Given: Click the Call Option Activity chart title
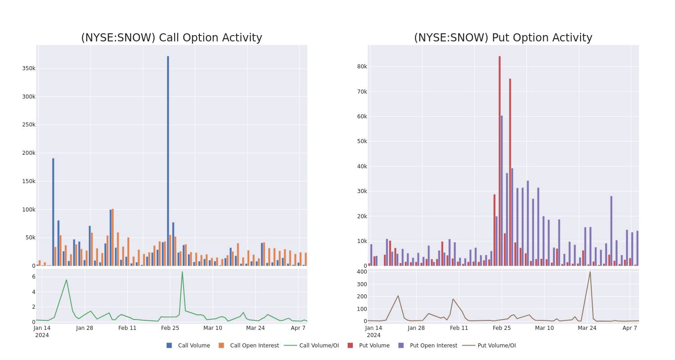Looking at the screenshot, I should [171, 38].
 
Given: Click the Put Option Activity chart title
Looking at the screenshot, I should [503, 38].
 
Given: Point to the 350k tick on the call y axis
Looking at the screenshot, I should [29, 68].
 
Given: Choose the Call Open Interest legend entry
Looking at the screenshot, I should [254, 346].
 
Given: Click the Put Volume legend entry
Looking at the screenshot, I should [374, 346].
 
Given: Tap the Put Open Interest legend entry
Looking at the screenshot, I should [433, 346].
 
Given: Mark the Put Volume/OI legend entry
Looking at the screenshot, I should [496, 346].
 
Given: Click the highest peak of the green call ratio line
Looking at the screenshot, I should [182, 272].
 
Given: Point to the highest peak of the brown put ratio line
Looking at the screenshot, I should [590, 272].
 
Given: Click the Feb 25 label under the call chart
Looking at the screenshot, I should [170, 328].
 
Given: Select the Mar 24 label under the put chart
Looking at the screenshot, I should [587, 328].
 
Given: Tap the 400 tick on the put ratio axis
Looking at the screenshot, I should [361, 272].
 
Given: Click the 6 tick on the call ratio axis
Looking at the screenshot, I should [33, 277].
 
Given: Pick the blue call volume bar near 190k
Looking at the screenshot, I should [53, 211].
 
